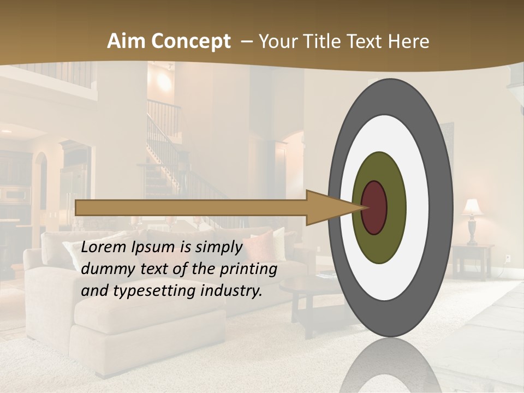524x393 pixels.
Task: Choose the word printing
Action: pyautogui.click(x=247, y=270)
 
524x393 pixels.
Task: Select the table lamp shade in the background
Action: pyautogui.click(x=473, y=207)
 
